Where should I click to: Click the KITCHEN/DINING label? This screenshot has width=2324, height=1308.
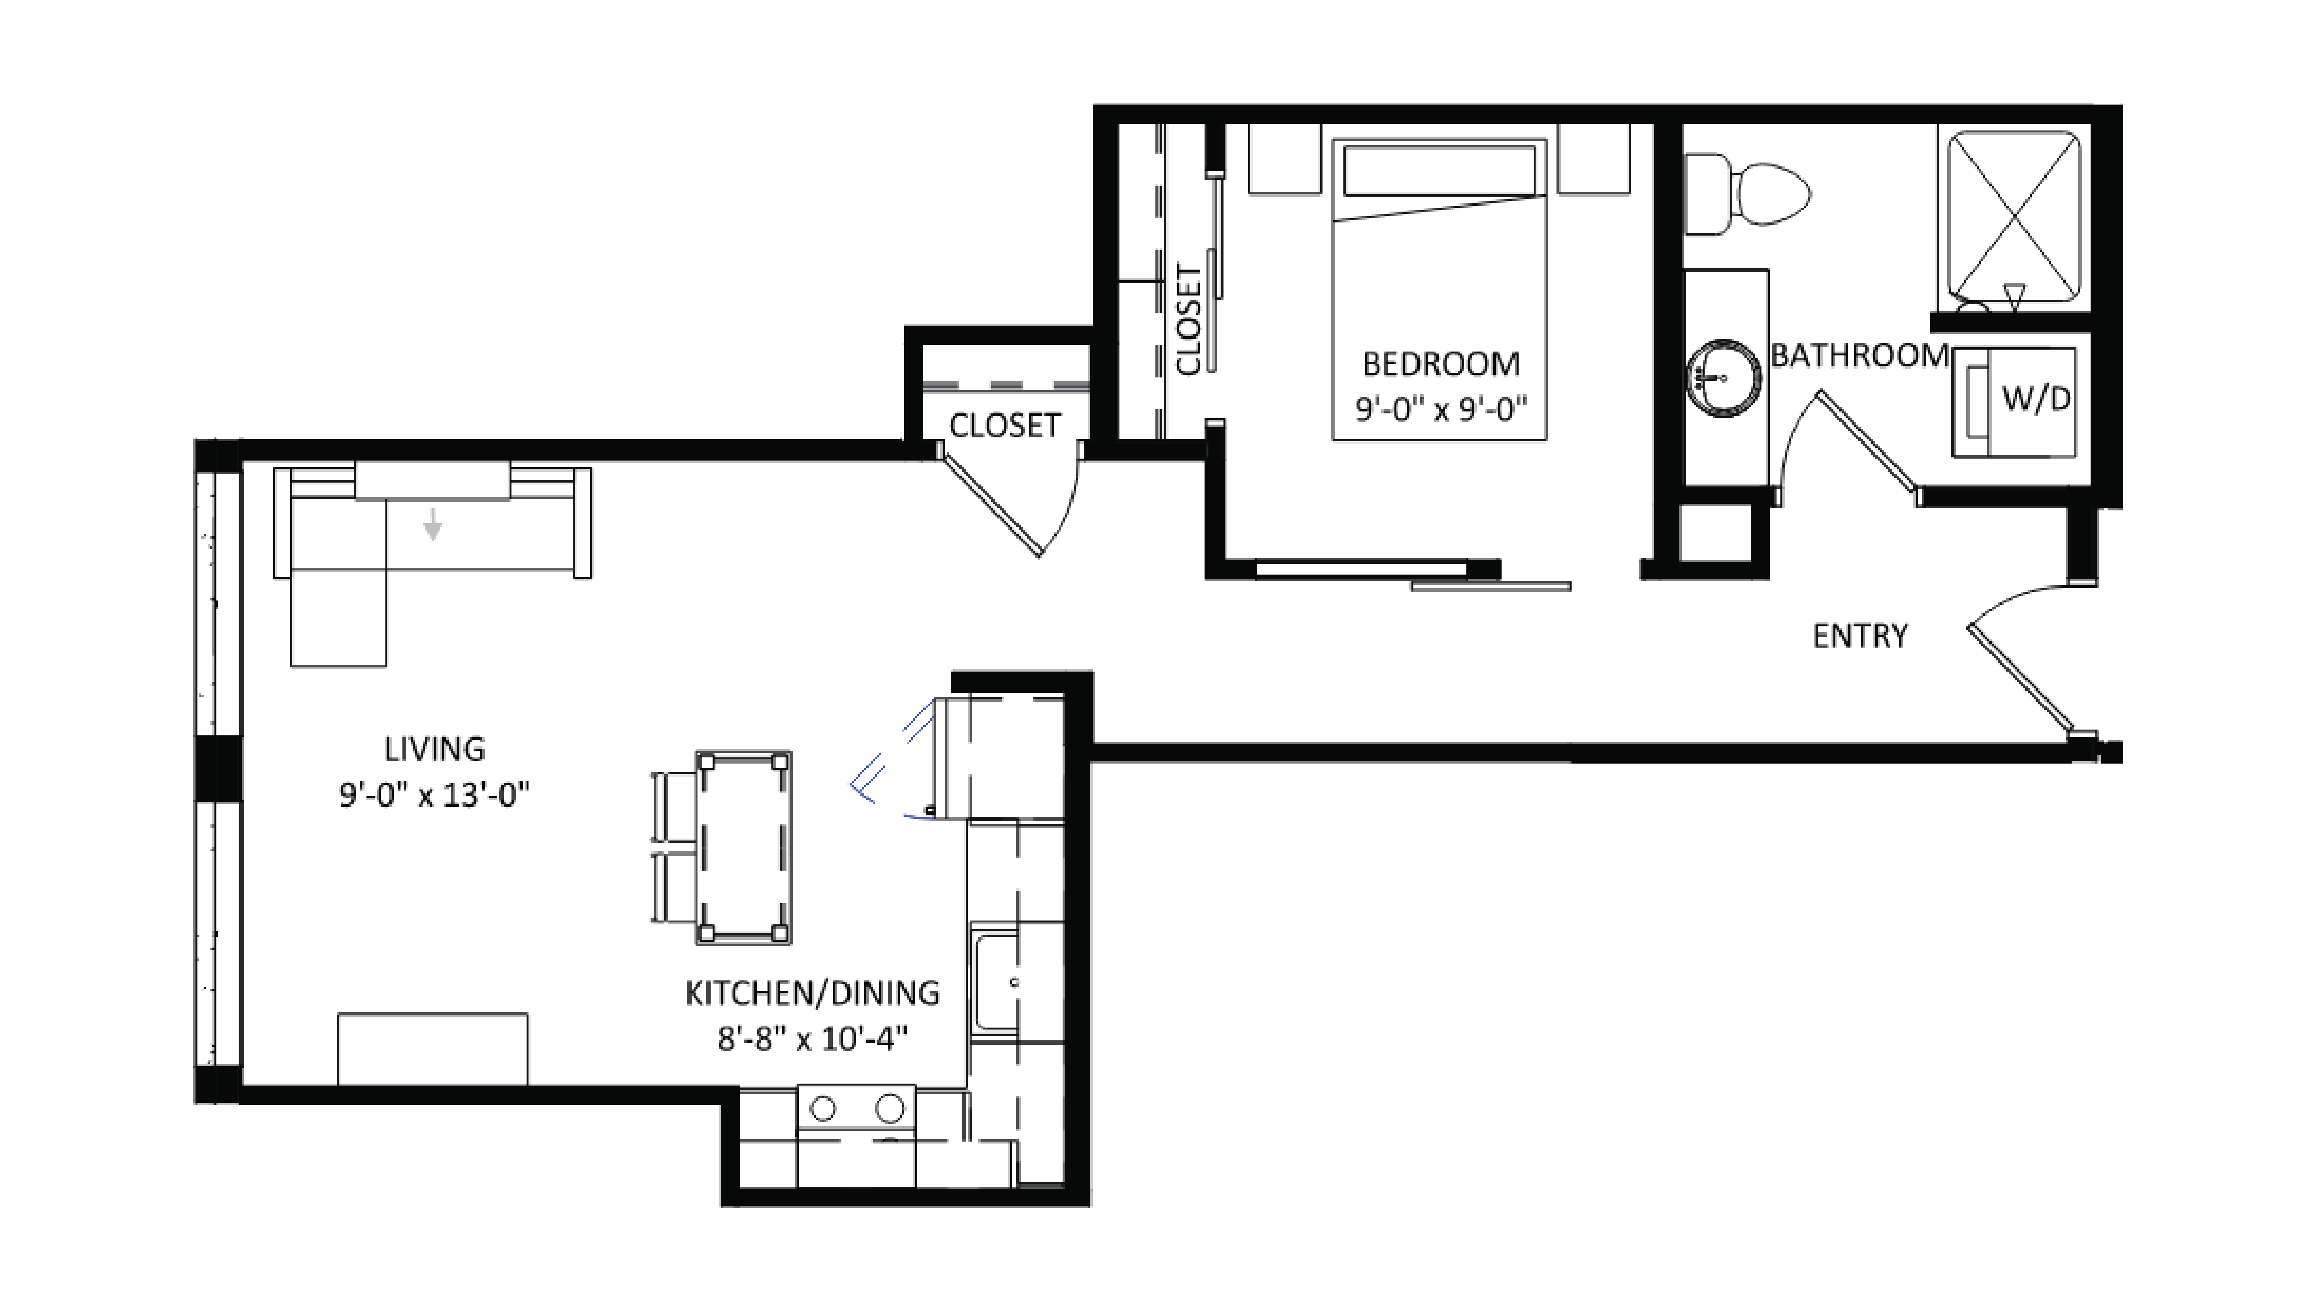(812, 993)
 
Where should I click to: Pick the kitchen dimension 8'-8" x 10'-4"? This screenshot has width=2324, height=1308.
(812, 1039)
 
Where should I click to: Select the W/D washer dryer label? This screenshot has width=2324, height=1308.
(2035, 398)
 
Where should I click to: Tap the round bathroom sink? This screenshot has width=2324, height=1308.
(1723, 378)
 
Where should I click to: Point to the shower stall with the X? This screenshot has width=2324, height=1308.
(2014, 217)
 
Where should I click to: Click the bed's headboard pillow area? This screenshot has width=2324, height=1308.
(1439, 171)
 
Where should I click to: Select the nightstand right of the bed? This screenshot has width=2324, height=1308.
(1593, 159)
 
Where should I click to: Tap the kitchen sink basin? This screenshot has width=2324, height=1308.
(996, 982)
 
